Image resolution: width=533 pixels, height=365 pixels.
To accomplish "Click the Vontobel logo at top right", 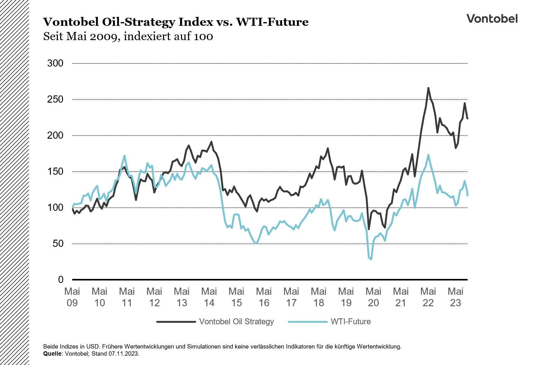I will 492,19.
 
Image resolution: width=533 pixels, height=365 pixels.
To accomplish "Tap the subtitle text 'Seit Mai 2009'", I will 82,36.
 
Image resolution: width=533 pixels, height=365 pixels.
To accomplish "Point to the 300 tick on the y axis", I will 55,63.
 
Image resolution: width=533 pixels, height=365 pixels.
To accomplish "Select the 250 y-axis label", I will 55,99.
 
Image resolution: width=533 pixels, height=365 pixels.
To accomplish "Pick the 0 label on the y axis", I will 61,280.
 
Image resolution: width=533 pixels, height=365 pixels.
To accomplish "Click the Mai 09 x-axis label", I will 72,297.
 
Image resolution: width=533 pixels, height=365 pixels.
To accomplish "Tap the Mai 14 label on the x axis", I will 209,297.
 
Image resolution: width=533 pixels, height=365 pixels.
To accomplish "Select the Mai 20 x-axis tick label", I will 373,297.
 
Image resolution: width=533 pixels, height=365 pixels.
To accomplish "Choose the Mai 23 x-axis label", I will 455,297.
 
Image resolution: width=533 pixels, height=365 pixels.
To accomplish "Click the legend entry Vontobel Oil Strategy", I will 236,321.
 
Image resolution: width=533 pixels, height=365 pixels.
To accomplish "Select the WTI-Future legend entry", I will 350,321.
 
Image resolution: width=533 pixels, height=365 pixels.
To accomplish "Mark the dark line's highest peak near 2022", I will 428,88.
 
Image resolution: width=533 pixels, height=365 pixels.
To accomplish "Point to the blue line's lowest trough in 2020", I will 371,259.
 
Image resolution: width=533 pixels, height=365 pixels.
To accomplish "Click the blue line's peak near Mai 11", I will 124,156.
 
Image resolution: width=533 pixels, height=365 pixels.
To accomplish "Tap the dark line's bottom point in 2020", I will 369,229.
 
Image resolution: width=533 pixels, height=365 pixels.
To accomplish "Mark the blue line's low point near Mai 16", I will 255,243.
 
